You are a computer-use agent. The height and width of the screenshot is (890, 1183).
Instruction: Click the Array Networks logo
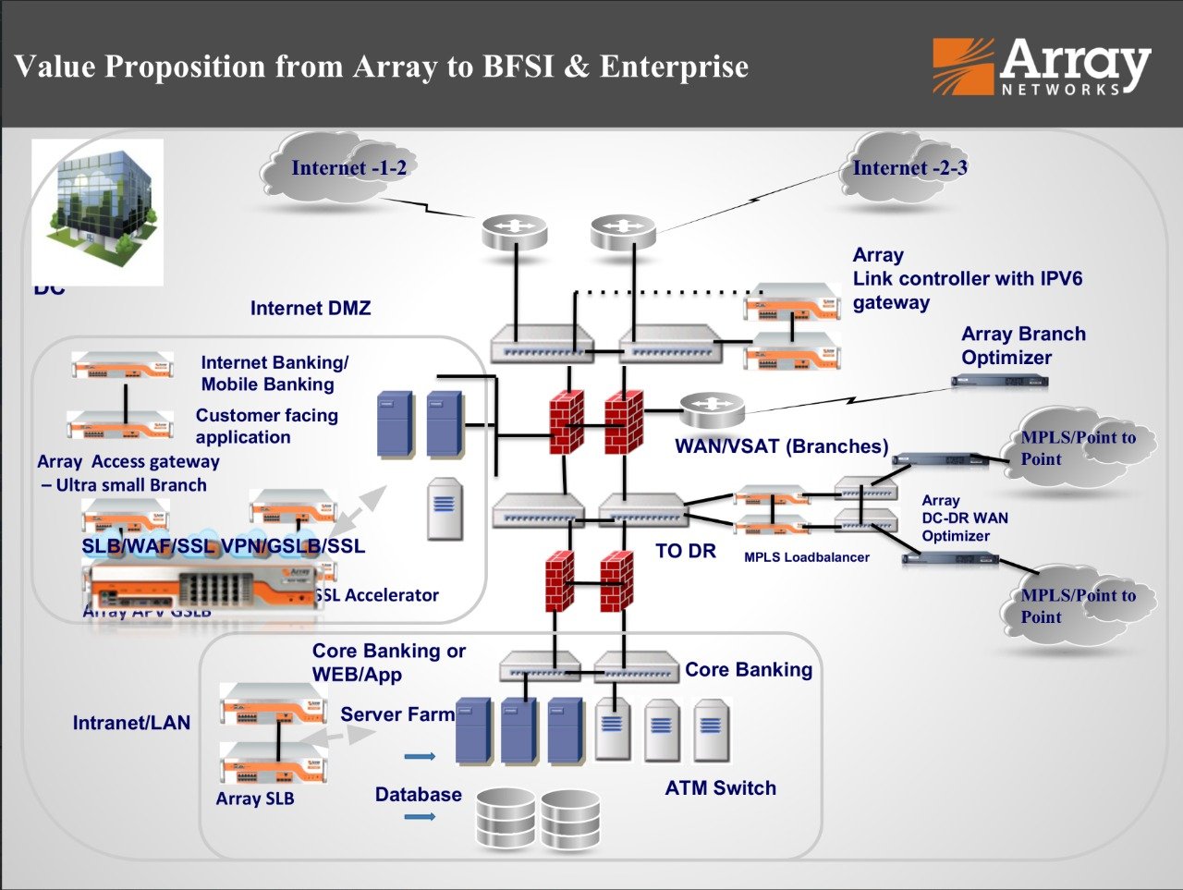(x=1042, y=67)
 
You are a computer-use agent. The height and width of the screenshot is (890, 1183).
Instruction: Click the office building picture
(x=98, y=212)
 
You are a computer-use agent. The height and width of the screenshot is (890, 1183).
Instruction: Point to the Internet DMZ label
(x=310, y=309)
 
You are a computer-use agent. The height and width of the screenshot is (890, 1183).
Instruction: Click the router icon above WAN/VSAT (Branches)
(x=712, y=407)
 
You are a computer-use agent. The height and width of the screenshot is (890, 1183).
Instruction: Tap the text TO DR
(x=685, y=552)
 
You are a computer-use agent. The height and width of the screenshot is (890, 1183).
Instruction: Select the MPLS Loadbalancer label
(x=806, y=557)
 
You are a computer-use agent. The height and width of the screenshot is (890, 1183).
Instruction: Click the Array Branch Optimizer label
(x=1022, y=346)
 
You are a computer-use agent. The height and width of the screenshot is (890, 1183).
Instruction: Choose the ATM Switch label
(x=720, y=788)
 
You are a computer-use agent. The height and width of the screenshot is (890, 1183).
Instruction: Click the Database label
(x=418, y=795)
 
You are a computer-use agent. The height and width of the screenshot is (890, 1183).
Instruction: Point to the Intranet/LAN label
(x=131, y=724)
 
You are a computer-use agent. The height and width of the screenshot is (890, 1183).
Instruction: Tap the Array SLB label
(x=254, y=799)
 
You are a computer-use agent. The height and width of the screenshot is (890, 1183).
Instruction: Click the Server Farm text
(x=397, y=714)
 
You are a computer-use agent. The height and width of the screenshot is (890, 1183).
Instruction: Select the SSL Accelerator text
(x=379, y=596)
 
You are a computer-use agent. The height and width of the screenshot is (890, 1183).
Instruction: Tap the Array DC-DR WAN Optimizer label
(x=964, y=518)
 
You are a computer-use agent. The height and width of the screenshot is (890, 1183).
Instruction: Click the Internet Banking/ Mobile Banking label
(x=274, y=373)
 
